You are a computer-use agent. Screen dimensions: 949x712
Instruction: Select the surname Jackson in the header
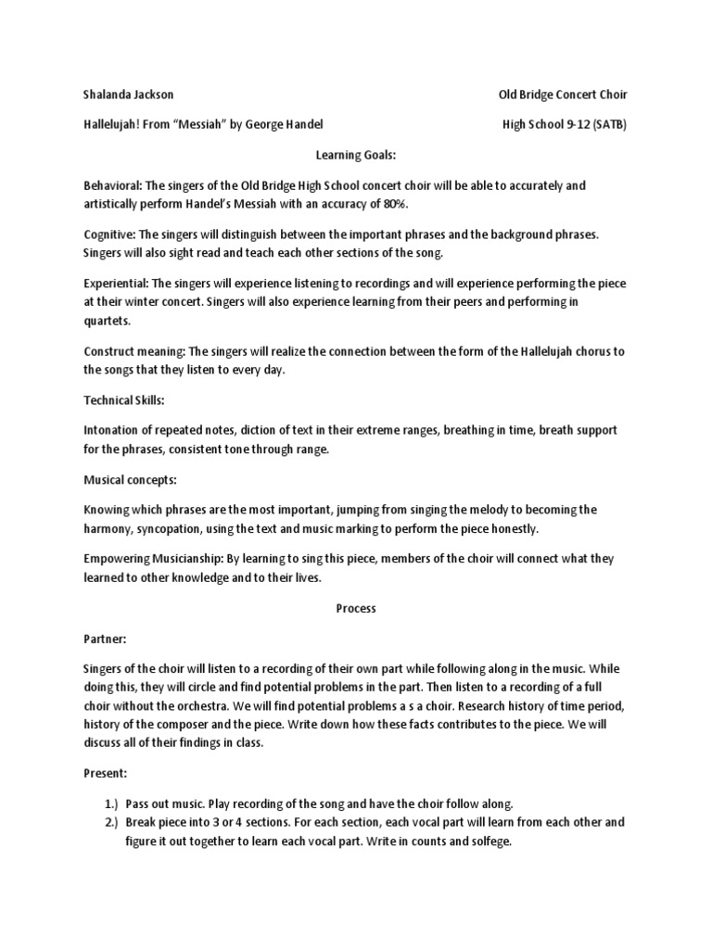point(154,95)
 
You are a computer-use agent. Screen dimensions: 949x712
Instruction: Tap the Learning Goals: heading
point(355,156)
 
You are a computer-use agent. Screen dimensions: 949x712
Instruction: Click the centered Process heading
point(355,609)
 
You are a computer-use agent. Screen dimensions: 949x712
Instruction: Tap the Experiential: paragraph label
point(115,285)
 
